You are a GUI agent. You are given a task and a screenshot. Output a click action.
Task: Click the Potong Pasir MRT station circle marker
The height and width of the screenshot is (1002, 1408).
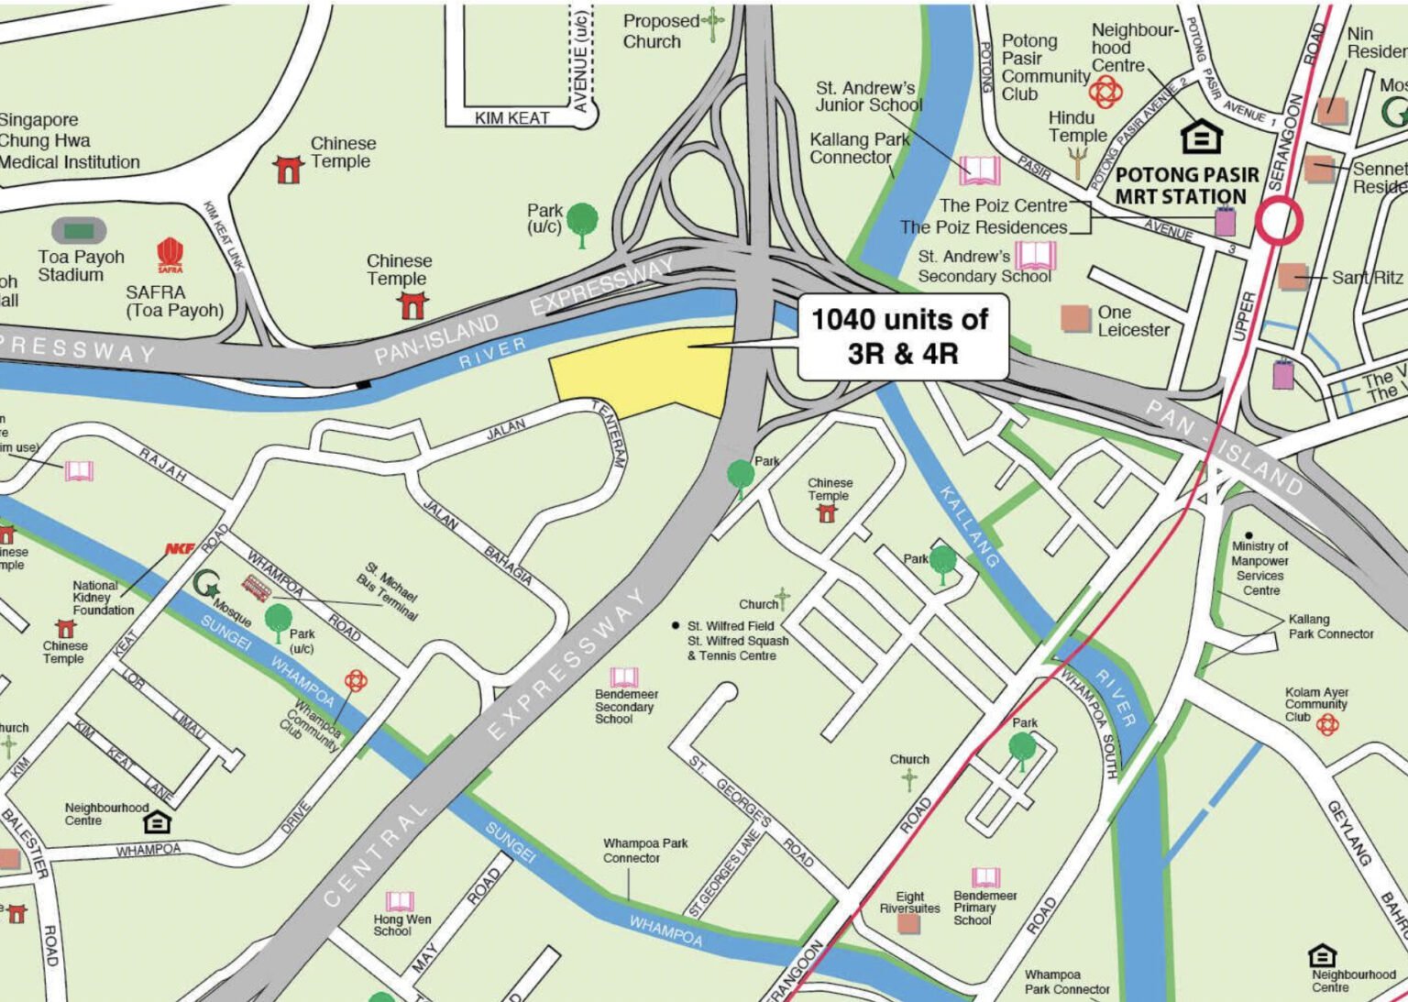pos(1278,221)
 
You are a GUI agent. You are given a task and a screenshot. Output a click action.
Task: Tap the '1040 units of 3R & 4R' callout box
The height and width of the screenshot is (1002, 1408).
pos(902,336)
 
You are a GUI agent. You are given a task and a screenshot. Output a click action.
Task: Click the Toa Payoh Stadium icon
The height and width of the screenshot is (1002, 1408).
pos(79,230)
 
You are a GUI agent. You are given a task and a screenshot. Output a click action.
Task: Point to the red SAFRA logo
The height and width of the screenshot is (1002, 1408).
pos(170,255)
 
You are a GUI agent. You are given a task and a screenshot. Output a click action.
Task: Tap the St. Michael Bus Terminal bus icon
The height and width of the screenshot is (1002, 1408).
pos(257,588)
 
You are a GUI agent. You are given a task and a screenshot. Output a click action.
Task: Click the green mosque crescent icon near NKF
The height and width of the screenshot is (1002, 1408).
pos(206,583)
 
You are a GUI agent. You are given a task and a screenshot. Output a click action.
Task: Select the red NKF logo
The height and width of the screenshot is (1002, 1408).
pos(180,548)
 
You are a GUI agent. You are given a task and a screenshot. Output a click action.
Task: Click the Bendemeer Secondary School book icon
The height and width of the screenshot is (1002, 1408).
pos(624,677)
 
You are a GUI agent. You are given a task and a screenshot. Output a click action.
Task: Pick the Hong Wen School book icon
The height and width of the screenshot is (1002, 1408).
pos(400,900)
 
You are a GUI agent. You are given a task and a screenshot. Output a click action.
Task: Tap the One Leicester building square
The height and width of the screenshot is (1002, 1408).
pos(1075,318)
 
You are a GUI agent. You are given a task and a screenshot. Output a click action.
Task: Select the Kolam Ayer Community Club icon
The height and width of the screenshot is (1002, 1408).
pos(1326,725)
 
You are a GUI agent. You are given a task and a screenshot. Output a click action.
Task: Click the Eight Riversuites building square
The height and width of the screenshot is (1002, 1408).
pos(908,923)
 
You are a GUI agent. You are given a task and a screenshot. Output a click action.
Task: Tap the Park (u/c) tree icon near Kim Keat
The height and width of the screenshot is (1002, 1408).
pos(581,224)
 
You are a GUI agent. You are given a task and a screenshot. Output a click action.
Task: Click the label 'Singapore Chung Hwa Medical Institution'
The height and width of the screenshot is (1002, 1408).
pos(70,141)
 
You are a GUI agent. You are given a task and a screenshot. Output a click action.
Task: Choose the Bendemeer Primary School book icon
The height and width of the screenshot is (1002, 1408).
pos(985,877)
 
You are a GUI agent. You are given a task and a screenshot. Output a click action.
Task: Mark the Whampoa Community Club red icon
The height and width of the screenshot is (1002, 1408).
pos(356,680)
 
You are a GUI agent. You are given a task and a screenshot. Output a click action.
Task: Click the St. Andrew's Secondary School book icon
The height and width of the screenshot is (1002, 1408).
pos(1035,256)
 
